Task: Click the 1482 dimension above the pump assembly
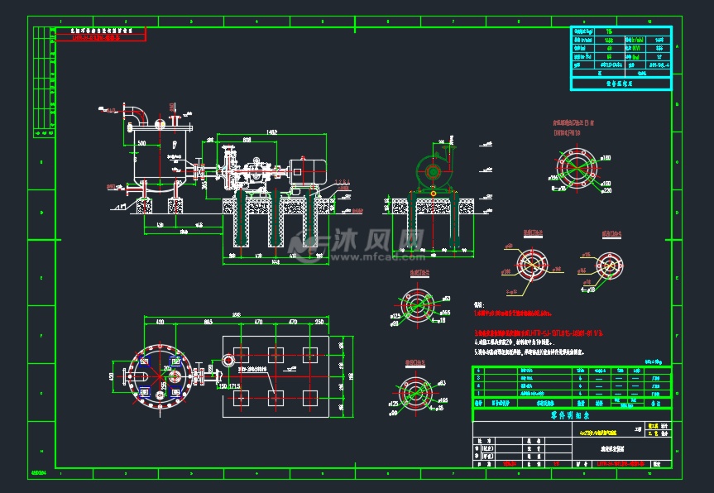pos(271,132)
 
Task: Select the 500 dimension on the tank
pos(141,143)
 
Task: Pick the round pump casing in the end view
pos(431,171)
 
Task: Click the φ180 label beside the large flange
pos(606,157)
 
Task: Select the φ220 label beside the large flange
pos(606,190)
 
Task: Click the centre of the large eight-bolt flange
pos(576,169)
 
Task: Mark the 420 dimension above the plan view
pos(160,322)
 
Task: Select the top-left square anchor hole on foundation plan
pos(242,354)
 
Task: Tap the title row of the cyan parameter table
pos(621,83)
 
